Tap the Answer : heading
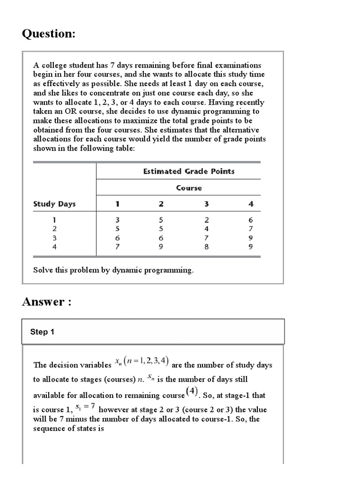(46, 301)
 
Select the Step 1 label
(42, 332)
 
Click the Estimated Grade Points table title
(188, 172)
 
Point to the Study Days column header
(54, 204)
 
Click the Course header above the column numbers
(189, 188)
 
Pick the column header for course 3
(206, 204)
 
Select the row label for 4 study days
(54, 247)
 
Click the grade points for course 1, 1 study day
(118, 220)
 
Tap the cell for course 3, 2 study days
(206, 229)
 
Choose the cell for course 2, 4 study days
(161, 247)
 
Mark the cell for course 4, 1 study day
(251, 220)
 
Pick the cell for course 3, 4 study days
(206, 247)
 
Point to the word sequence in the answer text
(49, 428)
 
